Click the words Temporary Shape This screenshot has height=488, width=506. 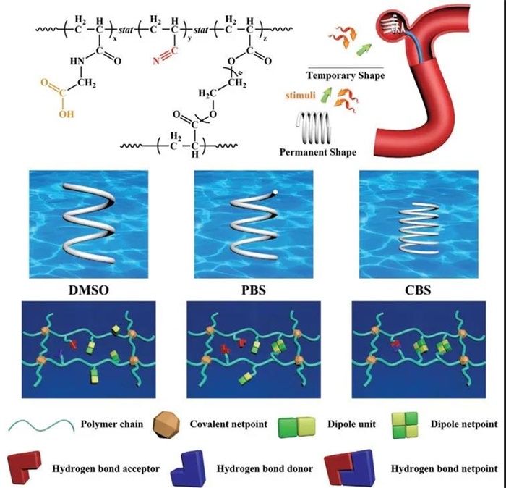click(346, 75)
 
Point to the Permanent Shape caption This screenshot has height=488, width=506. click(317, 153)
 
